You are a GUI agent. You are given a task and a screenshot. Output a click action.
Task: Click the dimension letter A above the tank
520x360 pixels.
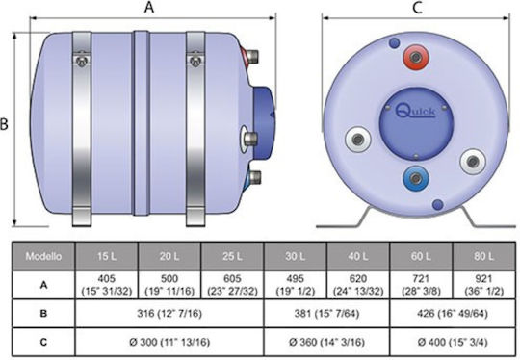(149, 7)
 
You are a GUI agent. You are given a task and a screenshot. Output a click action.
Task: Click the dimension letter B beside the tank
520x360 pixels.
(4, 124)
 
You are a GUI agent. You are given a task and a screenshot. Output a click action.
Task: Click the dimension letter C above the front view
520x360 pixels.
(417, 8)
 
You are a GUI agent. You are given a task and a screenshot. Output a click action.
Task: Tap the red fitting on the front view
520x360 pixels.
(416, 58)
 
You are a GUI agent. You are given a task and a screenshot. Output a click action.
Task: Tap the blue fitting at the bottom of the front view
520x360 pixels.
(416, 179)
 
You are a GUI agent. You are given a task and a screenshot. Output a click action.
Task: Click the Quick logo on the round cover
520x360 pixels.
(416, 111)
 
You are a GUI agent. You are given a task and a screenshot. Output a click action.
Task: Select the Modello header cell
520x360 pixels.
(43, 256)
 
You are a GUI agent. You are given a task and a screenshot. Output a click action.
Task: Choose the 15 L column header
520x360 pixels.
(107, 256)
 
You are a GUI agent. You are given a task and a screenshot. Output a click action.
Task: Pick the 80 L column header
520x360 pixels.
(483, 256)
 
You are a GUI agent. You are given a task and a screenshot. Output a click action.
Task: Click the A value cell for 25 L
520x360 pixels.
(232, 285)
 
